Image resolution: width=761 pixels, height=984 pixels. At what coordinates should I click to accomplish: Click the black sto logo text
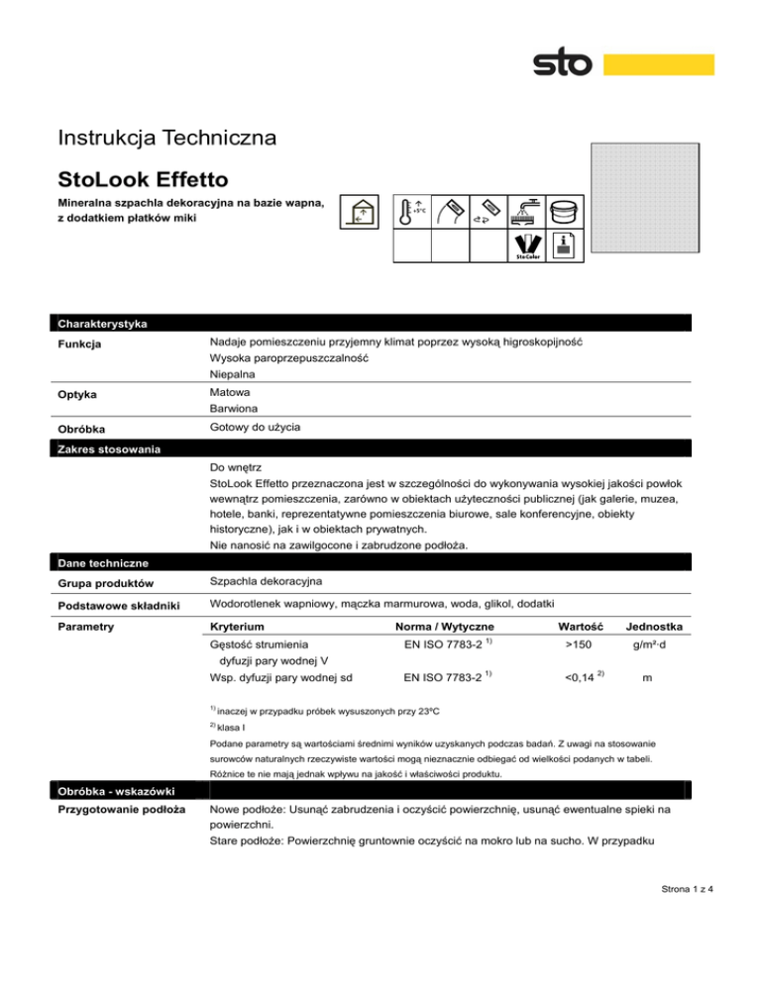tap(563, 64)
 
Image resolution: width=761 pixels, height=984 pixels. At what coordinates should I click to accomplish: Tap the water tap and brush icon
tap(524, 209)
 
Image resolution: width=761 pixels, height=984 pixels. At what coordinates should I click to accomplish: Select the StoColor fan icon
tap(525, 246)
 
